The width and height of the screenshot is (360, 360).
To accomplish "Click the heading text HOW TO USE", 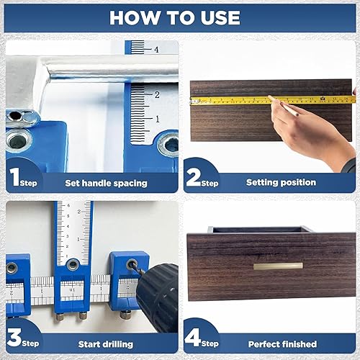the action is (x=175, y=17).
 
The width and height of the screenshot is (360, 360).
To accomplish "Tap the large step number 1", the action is (x=14, y=177).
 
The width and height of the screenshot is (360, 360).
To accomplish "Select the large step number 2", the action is (x=194, y=177).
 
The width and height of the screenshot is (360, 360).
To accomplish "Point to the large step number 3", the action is (x=14, y=337).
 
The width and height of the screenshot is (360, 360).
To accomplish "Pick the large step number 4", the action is (x=193, y=337).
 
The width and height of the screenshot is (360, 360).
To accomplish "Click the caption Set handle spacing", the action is (x=106, y=184).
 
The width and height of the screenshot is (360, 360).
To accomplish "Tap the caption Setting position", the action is (x=281, y=182).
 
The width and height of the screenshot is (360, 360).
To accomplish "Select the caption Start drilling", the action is (x=106, y=344).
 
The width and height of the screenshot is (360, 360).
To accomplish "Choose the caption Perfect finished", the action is (x=282, y=344).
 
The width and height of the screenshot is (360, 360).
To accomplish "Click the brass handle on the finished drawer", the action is (x=278, y=266).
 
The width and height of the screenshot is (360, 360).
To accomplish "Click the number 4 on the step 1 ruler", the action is (x=156, y=50).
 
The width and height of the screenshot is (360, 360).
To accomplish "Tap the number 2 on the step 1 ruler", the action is (x=157, y=94).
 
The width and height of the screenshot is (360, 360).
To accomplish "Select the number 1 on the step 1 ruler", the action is (x=158, y=119).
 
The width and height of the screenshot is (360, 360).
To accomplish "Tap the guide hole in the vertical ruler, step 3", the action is (x=73, y=264).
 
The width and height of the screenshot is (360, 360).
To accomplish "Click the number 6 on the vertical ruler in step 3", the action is (x=68, y=205).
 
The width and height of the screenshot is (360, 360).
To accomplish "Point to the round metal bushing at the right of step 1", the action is (x=169, y=144).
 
